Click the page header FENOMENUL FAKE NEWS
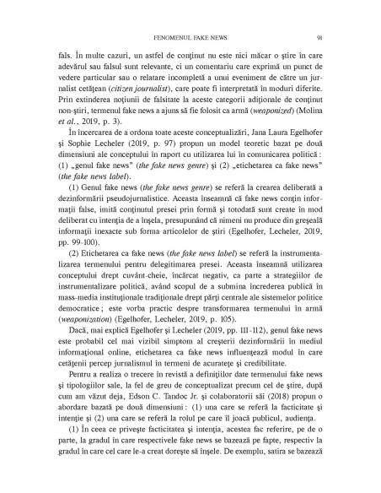190,36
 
